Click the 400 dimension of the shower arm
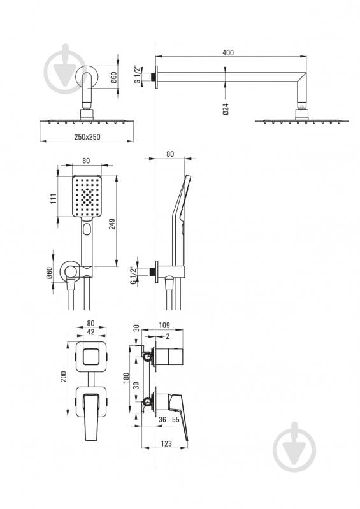click(x=228, y=52)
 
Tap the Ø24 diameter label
click(x=226, y=109)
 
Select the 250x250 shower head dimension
click(x=87, y=137)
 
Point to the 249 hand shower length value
click(x=112, y=224)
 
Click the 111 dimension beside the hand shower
click(x=54, y=198)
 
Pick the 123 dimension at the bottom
click(x=166, y=443)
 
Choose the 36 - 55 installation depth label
click(x=169, y=420)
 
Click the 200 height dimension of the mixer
click(x=64, y=376)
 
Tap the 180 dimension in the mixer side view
click(x=126, y=378)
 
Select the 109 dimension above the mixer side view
click(x=164, y=325)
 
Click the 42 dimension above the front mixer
click(x=91, y=332)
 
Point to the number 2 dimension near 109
click(x=168, y=336)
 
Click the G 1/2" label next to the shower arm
click(x=138, y=75)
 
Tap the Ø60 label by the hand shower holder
click(x=49, y=273)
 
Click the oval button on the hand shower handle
click(x=87, y=229)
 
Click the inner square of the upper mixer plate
click(x=91, y=357)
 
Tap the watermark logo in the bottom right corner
click(x=294, y=447)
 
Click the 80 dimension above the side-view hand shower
click(x=170, y=154)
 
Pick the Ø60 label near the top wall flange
click(x=113, y=77)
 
